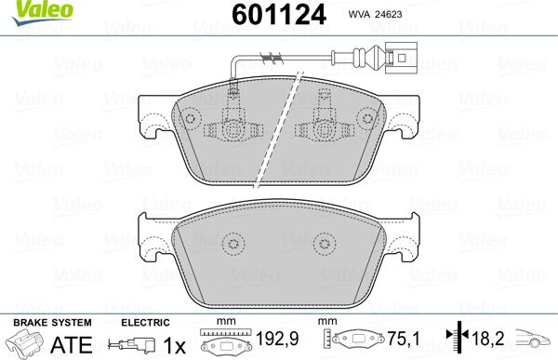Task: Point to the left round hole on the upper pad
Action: (190, 118)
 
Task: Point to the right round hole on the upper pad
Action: (370, 118)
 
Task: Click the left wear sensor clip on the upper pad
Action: (233, 119)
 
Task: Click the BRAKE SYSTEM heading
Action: (38, 322)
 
